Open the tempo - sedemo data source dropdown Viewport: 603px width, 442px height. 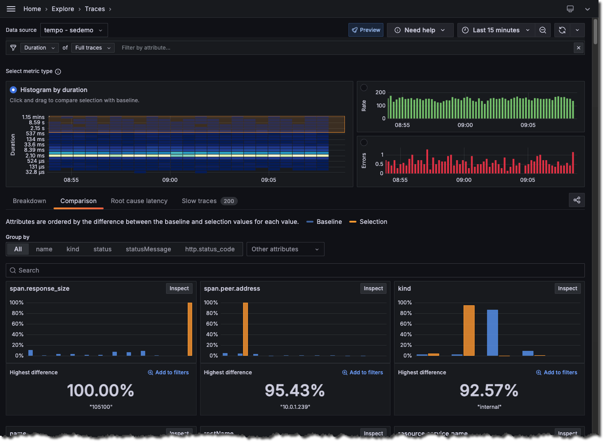tap(73, 30)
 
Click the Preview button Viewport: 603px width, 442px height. tap(366, 30)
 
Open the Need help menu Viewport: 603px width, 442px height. tap(420, 30)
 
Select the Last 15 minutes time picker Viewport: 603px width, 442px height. tap(495, 30)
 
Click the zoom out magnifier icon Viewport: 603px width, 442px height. tap(542, 30)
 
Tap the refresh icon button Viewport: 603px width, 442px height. tap(562, 30)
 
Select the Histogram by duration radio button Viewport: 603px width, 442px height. tap(13, 90)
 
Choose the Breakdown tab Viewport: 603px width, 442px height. tap(29, 201)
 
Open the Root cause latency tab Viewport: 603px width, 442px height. tap(139, 201)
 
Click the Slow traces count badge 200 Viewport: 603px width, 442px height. tap(228, 201)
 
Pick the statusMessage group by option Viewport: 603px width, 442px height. tap(148, 249)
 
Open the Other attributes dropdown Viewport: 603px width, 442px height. tap(285, 249)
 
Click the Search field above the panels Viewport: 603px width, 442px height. tap(295, 270)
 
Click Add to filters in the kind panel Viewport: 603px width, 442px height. tap(557, 373)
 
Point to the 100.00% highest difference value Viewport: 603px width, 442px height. tap(100, 390)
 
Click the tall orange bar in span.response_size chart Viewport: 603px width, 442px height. tap(190, 329)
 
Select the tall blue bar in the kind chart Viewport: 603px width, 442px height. tap(492, 333)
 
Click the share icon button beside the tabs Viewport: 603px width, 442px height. tap(576, 200)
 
